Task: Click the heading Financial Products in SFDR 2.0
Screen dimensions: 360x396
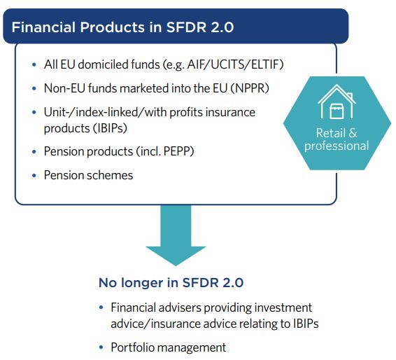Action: [122, 27]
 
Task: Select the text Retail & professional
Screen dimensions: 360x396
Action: [337, 139]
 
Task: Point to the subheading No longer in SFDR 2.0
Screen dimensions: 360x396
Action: [170, 284]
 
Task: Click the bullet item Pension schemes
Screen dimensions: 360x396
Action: [88, 175]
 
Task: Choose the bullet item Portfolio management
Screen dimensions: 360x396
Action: [168, 347]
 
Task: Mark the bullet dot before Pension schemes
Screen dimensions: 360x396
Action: [34, 175]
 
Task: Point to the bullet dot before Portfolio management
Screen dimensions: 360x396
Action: [102, 347]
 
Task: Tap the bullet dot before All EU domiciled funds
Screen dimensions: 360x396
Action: [34, 65]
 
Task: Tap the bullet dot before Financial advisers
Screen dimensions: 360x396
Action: [102, 308]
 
